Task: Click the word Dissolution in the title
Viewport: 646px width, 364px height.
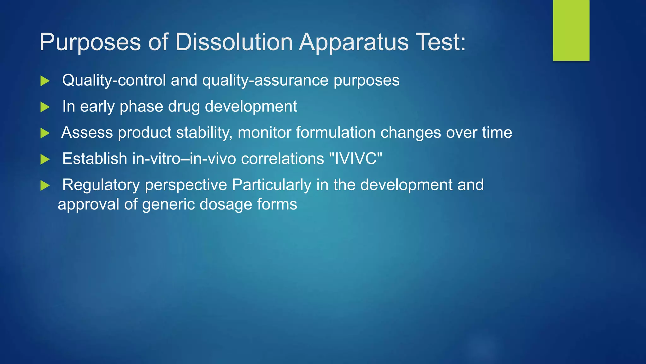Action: (234, 42)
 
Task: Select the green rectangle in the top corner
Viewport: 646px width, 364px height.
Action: (571, 30)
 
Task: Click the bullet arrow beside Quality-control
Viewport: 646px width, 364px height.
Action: (45, 81)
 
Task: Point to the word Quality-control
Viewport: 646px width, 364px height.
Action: (114, 81)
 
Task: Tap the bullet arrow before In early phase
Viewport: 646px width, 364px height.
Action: (45, 107)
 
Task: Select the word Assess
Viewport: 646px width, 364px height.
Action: (87, 132)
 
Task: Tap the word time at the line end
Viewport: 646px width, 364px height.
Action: (497, 132)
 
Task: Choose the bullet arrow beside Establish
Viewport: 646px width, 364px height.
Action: (45, 160)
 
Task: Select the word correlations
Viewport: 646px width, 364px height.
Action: (282, 159)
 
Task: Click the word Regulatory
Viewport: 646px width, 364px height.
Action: (101, 185)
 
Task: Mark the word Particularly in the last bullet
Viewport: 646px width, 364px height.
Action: (271, 185)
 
